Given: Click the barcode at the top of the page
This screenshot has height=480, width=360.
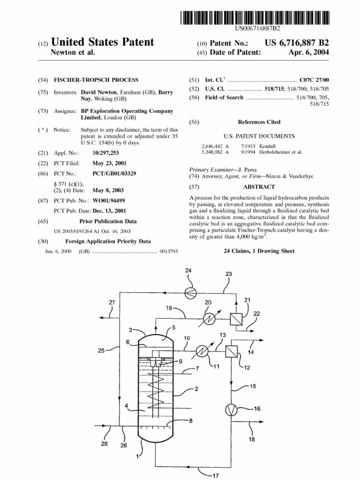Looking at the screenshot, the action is point(255,18).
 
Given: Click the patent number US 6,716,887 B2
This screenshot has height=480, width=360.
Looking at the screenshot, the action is point(297,43).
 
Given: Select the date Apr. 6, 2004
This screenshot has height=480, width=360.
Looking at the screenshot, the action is point(308,52).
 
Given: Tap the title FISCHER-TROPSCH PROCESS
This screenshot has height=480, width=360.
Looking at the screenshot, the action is point(96,80).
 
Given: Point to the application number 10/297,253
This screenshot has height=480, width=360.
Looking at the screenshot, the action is point(105,153).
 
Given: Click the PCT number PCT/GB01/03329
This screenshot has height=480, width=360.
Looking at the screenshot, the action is point(114,173).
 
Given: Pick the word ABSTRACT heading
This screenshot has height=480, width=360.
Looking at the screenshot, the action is point(259,187).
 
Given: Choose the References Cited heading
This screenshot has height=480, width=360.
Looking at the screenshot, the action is point(259,122).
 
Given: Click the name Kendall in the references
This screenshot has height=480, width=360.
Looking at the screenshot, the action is point(267,146).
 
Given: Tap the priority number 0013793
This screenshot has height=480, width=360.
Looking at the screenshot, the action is point(169,251).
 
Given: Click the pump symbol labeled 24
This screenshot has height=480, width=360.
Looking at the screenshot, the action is point(190,293).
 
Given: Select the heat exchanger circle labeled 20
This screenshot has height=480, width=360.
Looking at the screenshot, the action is point(209,319).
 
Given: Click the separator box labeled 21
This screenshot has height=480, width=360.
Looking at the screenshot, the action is point(236,319).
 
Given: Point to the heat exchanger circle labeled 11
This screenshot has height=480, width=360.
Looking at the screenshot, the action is point(202,351).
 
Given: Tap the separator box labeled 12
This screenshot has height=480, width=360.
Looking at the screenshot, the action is point(232,351).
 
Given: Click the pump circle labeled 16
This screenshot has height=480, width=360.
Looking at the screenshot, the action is point(231,410).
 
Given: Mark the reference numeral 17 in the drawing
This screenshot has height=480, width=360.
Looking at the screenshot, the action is point(216,475).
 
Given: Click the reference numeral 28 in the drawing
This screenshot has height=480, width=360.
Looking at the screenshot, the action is point(105,443).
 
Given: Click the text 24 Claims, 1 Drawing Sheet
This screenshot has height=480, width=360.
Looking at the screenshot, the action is point(259,251).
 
